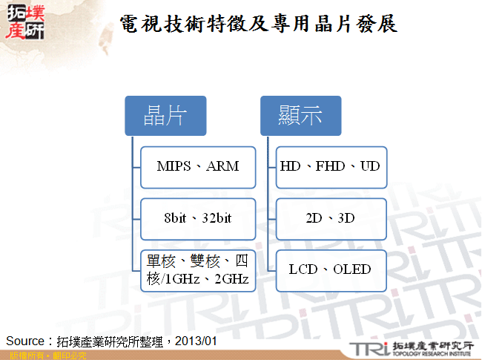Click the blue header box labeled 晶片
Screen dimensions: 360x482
coord(165,115)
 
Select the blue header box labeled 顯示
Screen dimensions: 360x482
coord(300,115)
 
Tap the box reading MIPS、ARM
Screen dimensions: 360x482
coord(198,166)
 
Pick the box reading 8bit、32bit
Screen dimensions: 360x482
coord(198,218)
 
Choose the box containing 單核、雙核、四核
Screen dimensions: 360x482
coord(198,271)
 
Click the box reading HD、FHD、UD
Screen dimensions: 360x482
coord(330,166)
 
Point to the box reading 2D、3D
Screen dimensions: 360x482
coord(330,218)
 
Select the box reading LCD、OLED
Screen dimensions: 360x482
coord(330,269)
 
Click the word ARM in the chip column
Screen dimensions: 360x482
coord(222,166)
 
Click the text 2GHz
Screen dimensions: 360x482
coord(233,280)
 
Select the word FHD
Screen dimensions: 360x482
coord(330,166)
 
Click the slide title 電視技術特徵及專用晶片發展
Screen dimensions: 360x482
coord(258,24)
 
